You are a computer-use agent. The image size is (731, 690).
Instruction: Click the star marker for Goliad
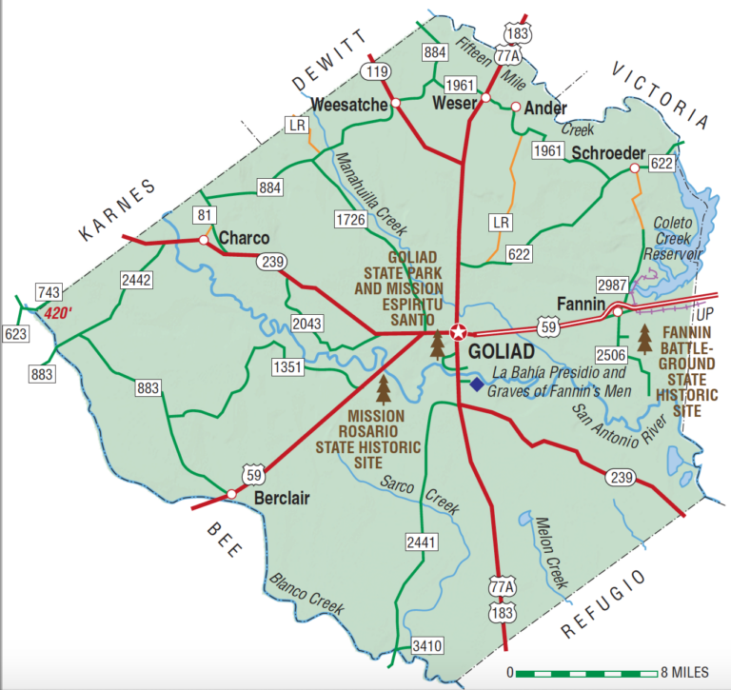point(459,332)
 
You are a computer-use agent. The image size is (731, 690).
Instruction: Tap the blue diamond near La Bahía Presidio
point(477,384)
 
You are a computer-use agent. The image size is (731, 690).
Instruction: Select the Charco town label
point(245,238)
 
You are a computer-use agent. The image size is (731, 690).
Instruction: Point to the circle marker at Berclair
point(231,494)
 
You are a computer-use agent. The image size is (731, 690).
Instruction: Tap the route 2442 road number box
point(136,279)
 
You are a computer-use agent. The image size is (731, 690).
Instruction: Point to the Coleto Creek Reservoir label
point(674,239)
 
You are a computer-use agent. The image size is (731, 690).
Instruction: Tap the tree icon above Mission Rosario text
point(385,389)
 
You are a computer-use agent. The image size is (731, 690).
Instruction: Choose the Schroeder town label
point(608,153)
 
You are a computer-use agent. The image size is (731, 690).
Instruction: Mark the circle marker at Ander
point(517,107)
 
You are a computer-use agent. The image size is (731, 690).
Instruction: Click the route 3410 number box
point(427,646)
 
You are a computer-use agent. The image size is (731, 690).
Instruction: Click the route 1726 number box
point(352,220)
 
